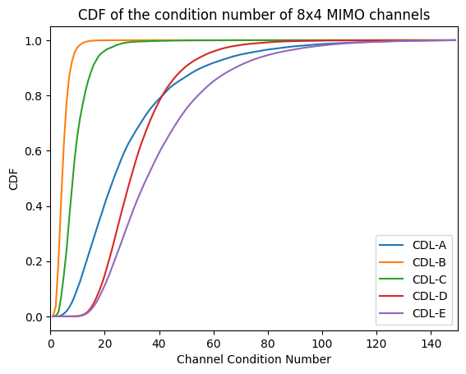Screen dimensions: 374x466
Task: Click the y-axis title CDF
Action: pos(12,179)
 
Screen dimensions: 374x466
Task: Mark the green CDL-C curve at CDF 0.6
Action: pos(76,151)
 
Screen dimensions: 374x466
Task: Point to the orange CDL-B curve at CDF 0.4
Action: pos(61,206)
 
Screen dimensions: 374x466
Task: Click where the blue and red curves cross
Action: pos(162,95)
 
